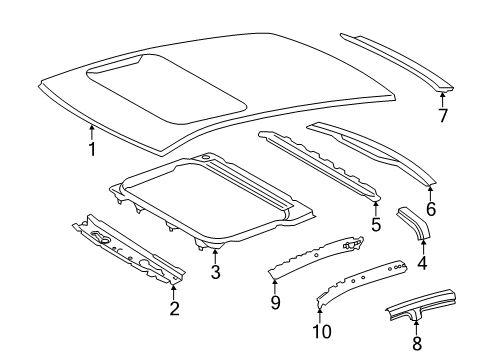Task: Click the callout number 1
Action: (92, 149)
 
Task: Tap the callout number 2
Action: (174, 308)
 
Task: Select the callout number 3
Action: (215, 272)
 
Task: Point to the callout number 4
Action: (422, 263)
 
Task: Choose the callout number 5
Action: (376, 224)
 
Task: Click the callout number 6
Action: (431, 209)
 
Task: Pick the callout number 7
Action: (443, 115)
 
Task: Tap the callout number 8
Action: (417, 343)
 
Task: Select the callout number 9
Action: (275, 302)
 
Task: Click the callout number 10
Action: (322, 331)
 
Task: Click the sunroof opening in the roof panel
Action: (167, 87)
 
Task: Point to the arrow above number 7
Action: (442, 100)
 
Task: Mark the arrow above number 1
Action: (91, 132)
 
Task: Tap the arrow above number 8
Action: (416, 328)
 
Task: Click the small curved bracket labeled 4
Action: (414, 223)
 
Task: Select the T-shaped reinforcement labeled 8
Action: (421, 305)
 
